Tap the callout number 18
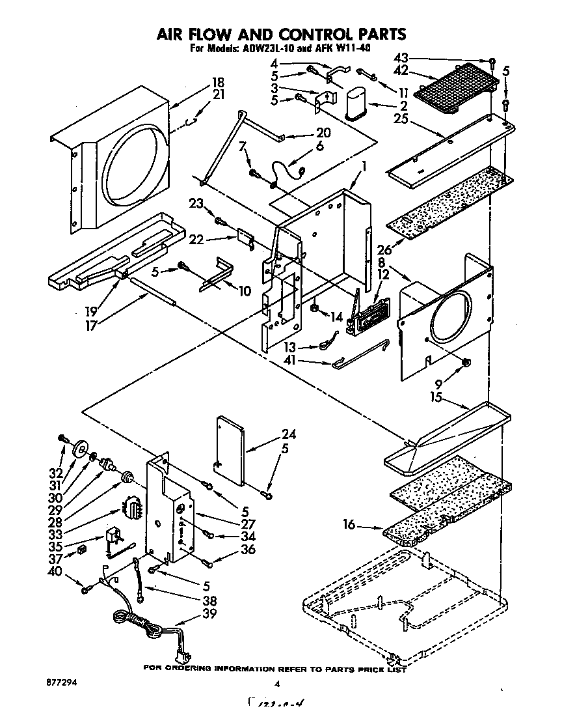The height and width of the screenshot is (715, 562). point(218,83)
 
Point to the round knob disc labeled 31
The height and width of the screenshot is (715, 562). point(83,449)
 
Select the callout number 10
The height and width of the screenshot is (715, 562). point(245,291)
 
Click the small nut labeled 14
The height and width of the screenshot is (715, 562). point(314,305)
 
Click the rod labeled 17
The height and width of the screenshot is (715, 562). point(154,290)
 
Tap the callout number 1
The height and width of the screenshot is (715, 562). point(364,167)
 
